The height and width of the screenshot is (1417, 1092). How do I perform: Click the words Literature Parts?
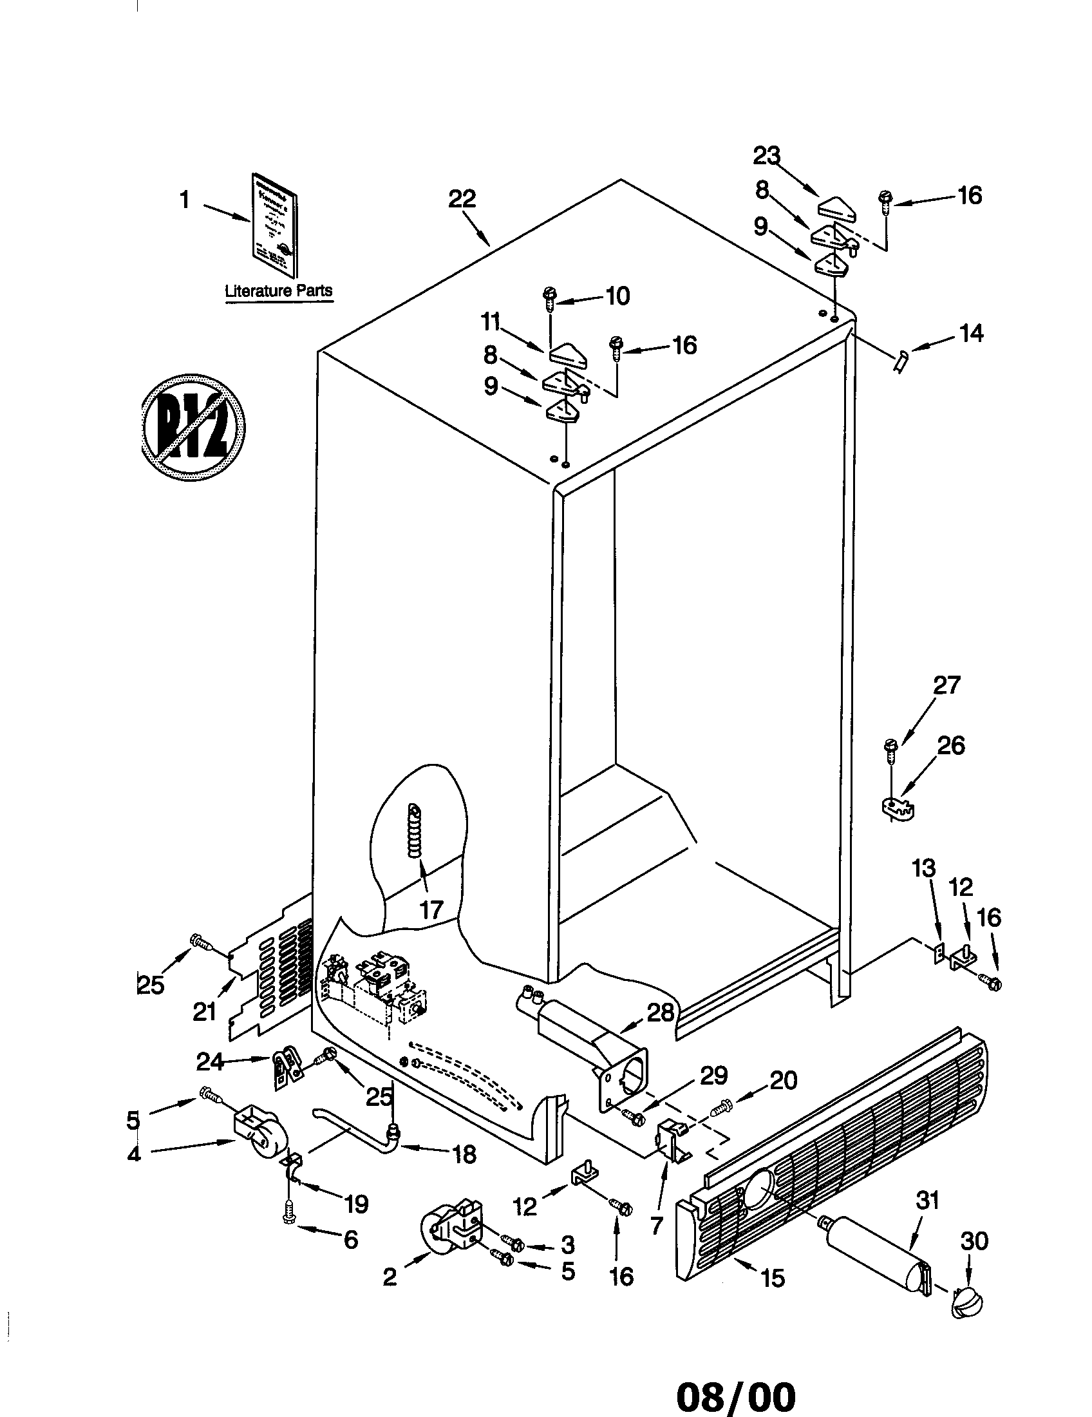pos(278,290)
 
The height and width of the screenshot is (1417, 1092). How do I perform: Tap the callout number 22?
pos(462,198)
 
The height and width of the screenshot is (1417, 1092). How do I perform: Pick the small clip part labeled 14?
pos(901,360)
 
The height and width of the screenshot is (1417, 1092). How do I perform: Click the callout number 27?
pos(946,685)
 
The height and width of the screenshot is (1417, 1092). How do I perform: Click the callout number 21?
pos(204,1012)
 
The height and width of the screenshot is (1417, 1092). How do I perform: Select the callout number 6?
pos(350,1240)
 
